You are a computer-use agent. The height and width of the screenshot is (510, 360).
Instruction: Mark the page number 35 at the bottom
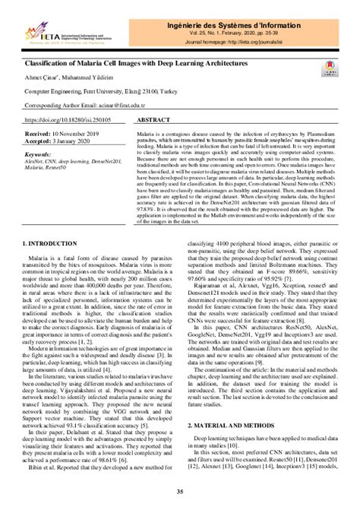[180, 492]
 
